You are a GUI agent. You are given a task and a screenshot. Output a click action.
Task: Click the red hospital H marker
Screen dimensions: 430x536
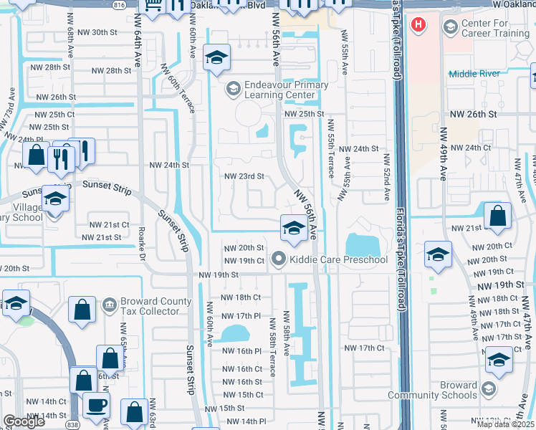click(x=418, y=26)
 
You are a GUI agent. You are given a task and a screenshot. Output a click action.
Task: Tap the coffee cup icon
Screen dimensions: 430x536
click(x=95, y=406)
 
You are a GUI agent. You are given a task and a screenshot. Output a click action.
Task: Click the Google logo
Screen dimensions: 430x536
click(x=24, y=421)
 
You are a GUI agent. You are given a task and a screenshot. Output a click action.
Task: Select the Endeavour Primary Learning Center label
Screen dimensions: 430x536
click(x=276, y=90)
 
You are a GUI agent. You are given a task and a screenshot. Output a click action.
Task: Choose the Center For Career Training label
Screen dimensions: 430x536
click(x=494, y=27)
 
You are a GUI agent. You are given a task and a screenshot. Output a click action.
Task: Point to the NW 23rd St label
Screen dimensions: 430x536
click(x=244, y=176)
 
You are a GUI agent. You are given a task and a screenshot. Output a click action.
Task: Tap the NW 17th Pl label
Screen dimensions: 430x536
click(x=240, y=315)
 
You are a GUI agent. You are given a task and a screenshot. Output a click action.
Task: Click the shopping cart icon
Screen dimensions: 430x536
click(x=153, y=5)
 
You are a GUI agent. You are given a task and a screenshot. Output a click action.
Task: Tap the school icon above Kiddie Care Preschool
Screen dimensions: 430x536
click(x=292, y=228)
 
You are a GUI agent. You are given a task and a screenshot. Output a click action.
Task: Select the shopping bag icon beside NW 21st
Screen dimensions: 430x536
click(x=497, y=216)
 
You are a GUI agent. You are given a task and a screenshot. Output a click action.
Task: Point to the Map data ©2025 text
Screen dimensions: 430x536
click(x=506, y=424)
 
